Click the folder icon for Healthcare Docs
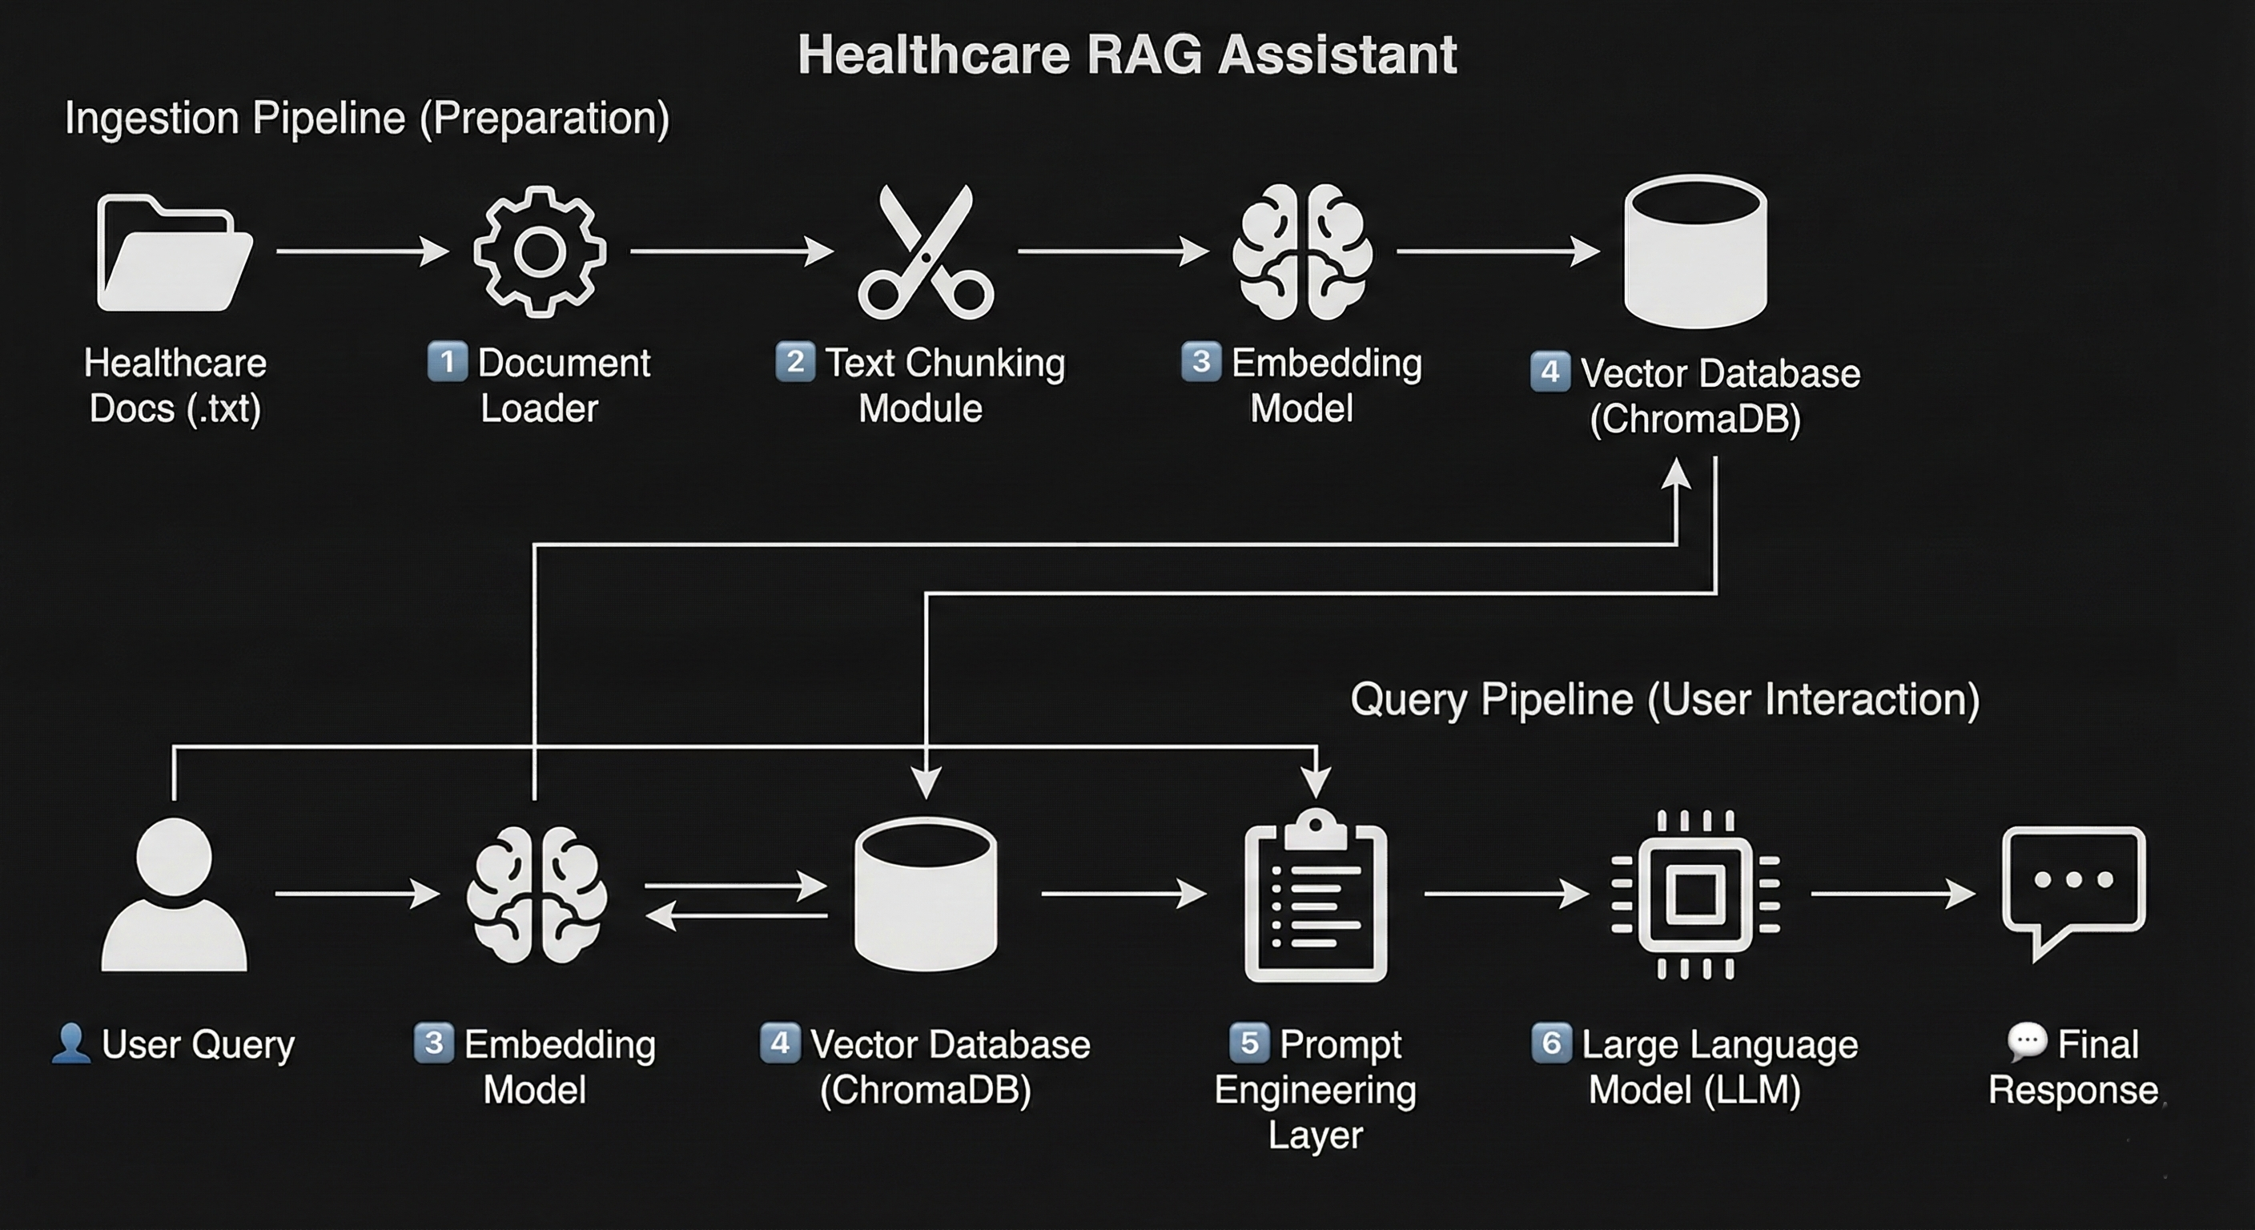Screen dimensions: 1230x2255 point(173,253)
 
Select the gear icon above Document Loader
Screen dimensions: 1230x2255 point(539,252)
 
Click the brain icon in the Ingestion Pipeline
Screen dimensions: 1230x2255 point(1302,252)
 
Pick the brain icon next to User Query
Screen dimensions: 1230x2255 point(536,894)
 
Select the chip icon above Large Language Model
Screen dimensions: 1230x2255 point(1695,894)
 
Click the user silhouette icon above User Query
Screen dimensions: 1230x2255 point(175,894)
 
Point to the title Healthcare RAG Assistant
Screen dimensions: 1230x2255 point(1127,54)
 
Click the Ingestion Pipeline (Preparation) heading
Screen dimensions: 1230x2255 point(367,119)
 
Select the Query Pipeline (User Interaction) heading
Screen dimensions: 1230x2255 point(1664,699)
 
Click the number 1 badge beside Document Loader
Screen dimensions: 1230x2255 point(447,362)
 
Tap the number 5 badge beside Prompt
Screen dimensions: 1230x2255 point(1249,1043)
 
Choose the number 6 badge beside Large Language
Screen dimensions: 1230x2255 point(1551,1043)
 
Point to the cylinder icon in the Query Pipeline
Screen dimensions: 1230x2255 point(925,894)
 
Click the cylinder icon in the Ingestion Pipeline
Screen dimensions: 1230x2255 point(1695,251)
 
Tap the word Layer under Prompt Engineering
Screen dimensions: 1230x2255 point(1315,1136)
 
